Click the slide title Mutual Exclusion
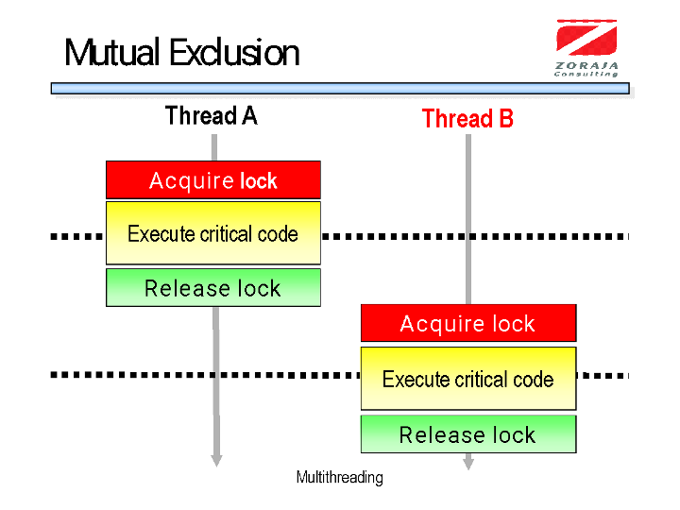(x=181, y=53)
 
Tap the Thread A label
(x=211, y=116)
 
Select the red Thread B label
(x=467, y=119)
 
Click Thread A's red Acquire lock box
(x=212, y=180)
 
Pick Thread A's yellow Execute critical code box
(x=212, y=233)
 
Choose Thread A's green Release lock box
(x=212, y=288)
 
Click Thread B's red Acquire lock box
(x=467, y=324)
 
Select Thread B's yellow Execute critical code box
(x=467, y=379)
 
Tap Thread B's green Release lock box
(x=467, y=434)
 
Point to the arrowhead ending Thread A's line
(x=216, y=460)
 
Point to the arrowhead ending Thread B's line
(x=467, y=464)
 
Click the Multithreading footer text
(x=340, y=477)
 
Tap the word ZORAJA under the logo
(x=586, y=64)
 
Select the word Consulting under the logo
(x=586, y=73)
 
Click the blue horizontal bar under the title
(x=340, y=88)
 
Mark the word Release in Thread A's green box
(x=178, y=288)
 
